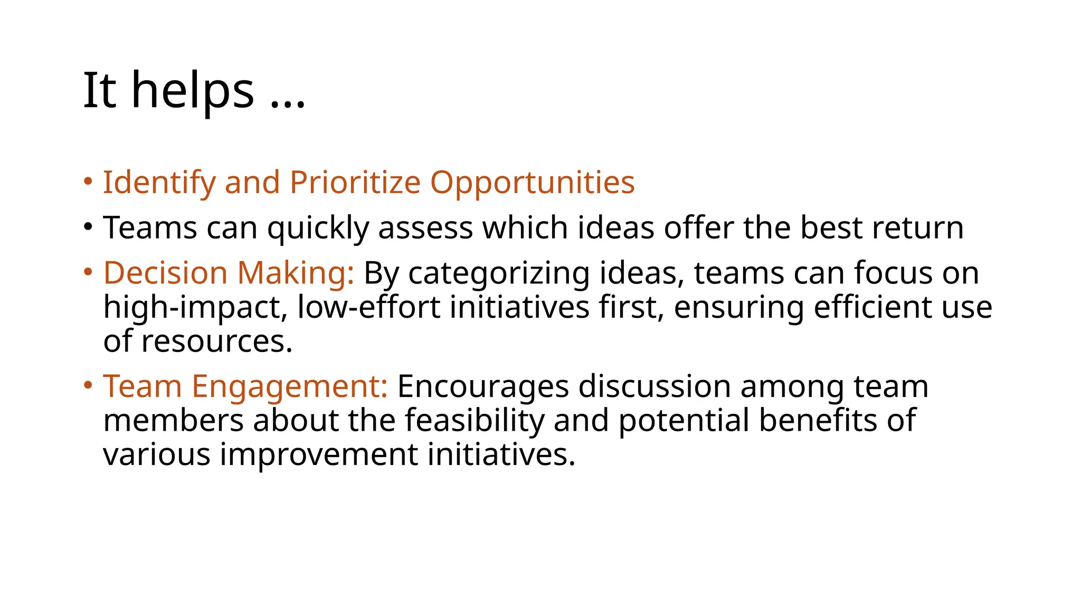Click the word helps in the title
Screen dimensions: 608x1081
tap(193, 91)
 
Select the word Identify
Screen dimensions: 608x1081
tap(159, 183)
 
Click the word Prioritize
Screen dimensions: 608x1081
tap(355, 183)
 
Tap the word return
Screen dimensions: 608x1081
tap(918, 228)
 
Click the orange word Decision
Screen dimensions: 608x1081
tap(165, 273)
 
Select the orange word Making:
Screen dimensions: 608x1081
tap(296, 273)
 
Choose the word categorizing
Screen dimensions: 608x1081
tap(498, 273)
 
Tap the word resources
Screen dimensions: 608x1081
tap(216, 341)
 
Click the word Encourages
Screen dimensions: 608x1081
tap(483, 387)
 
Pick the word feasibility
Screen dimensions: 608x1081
tap(475, 421)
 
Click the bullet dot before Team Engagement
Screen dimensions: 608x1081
tap(88, 385)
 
